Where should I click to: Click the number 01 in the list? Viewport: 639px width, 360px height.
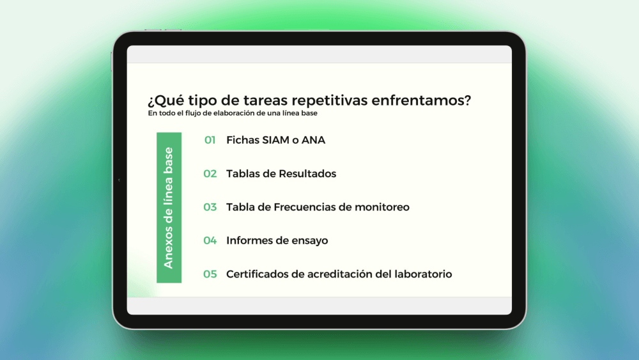click(210, 140)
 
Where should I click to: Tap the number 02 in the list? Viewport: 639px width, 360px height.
click(210, 174)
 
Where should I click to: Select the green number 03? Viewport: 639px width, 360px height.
click(210, 207)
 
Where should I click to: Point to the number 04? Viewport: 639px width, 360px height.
click(210, 240)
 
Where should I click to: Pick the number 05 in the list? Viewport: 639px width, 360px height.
click(210, 274)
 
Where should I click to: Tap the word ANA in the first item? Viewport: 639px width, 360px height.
click(313, 140)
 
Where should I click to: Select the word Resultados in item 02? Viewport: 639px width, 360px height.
click(308, 174)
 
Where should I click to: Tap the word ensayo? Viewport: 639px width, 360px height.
click(310, 241)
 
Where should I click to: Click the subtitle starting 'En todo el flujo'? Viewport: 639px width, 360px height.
click(233, 113)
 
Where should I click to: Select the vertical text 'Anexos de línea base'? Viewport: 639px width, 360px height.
click(169, 208)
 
